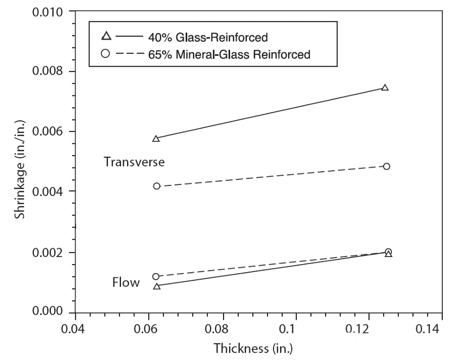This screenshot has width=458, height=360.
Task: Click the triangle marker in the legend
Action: (x=106, y=37)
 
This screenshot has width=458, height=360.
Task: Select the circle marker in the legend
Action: (x=106, y=54)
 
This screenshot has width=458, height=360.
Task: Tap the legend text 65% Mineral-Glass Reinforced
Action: (x=229, y=54)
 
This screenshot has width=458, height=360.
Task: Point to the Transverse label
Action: (x=134, y=162)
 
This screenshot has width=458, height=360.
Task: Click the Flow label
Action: (x=126, y=282)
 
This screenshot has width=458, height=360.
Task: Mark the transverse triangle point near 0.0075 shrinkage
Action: (x=385, y=88)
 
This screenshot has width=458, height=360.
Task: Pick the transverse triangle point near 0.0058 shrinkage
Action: (x=156, y=139)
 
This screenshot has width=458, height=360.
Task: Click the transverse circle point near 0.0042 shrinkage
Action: (x=157, y=186)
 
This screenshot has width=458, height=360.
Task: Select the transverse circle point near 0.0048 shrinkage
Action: (x=386, y=166)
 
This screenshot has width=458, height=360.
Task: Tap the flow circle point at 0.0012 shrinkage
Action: (x=156, y=277)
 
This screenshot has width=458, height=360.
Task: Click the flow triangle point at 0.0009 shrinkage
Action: (x=157, y=286)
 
